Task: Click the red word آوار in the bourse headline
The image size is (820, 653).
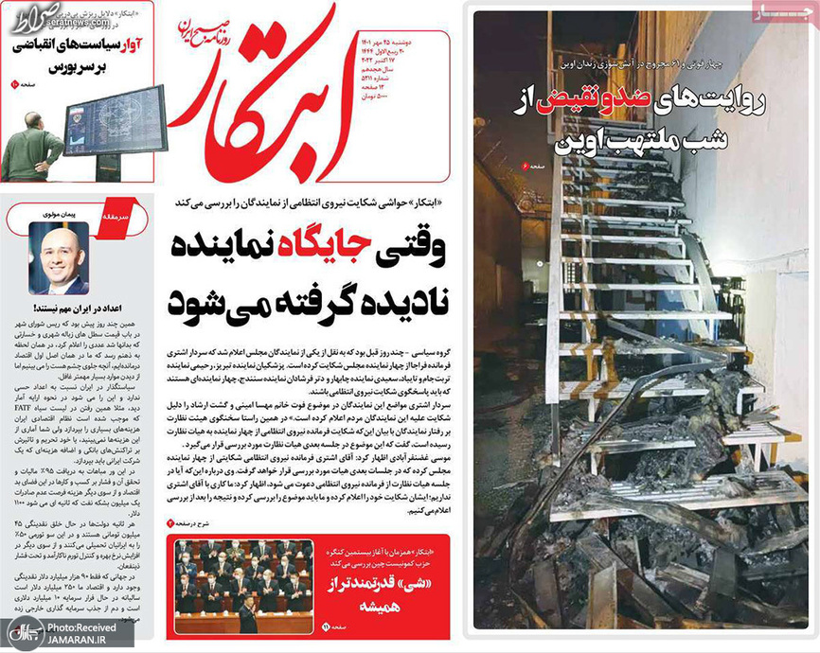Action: pyautogui.click(x=128, y=44)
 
